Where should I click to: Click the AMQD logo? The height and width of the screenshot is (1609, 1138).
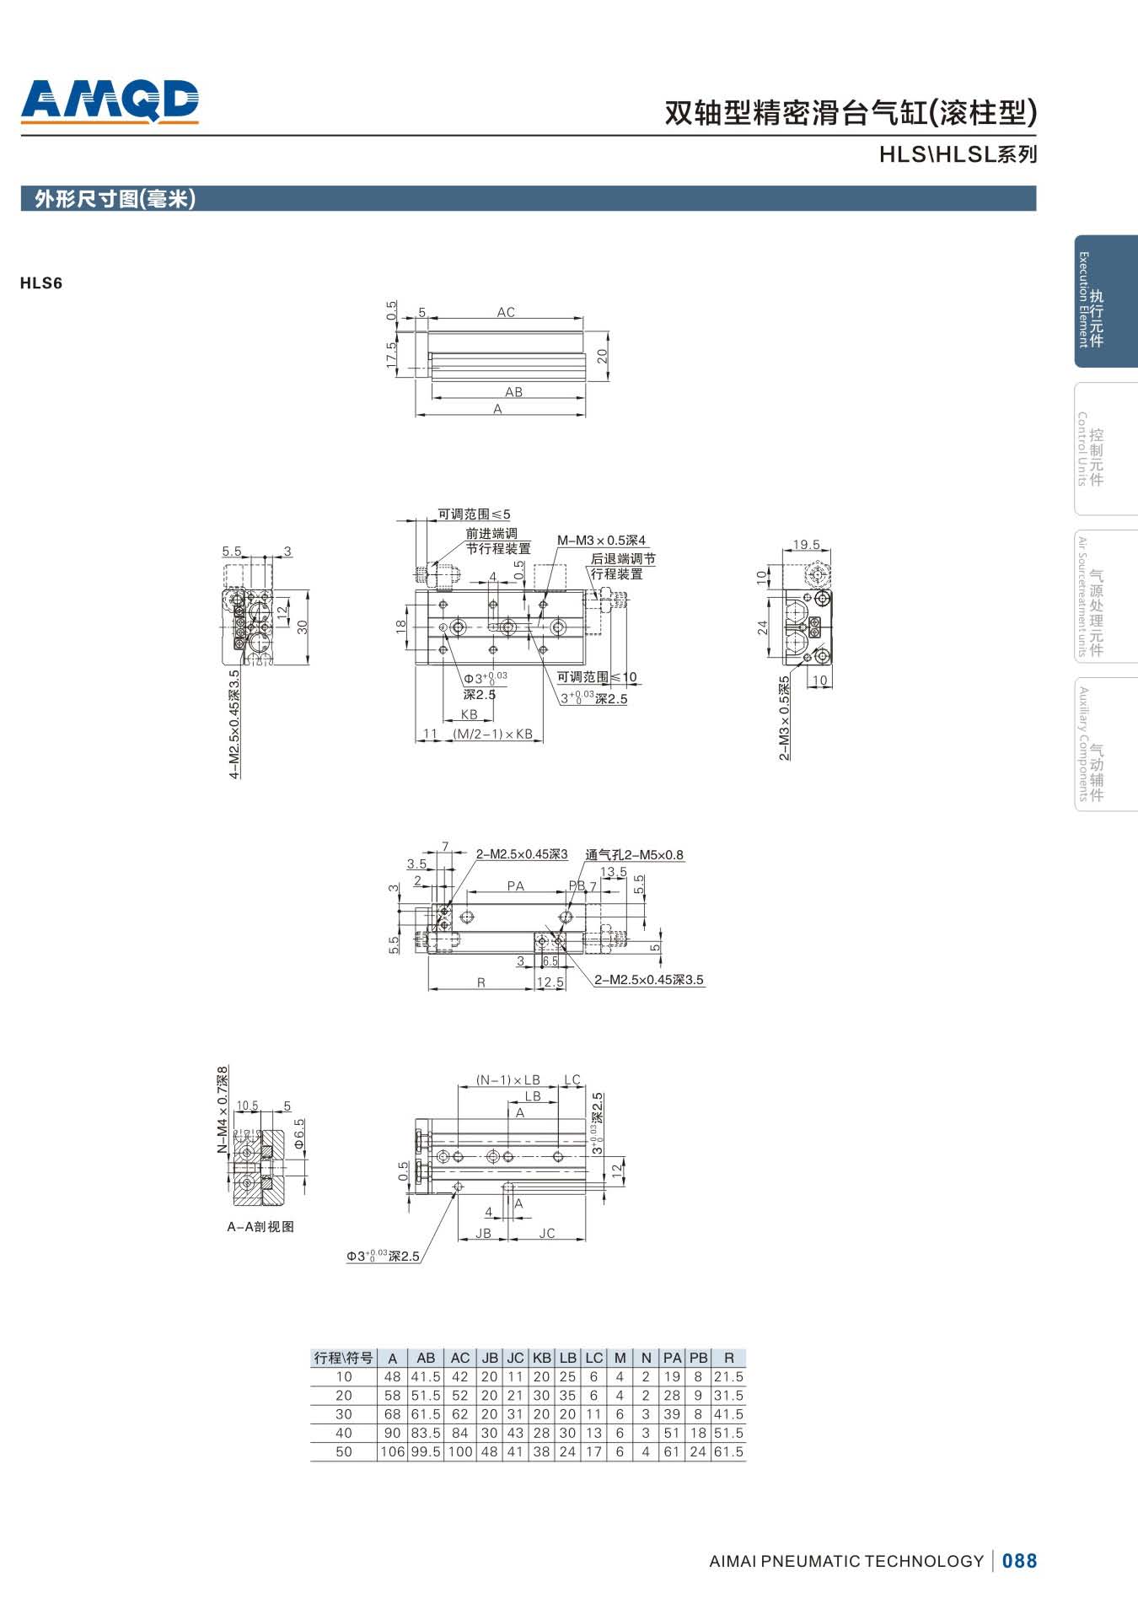[x=110, y=102]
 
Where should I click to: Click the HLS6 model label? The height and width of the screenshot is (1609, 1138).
[x=41, y=283]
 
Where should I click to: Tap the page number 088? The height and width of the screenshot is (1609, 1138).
[x=1020, y=1561]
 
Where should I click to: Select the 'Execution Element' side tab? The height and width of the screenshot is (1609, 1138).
[x=1105, y=301]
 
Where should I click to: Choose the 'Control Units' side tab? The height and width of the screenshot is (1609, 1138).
[x=1105, y=449]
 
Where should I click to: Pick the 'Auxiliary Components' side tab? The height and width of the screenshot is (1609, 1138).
[x=1105, y=744]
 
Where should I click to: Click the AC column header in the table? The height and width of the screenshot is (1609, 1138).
[x=460, y=1359]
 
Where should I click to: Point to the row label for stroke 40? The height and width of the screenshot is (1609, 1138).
[x=344, y=1433]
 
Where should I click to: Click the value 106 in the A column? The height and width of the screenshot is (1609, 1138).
[x=393, y=1451]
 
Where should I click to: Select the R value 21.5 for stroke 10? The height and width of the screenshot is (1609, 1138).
[x=729, y=1376]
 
